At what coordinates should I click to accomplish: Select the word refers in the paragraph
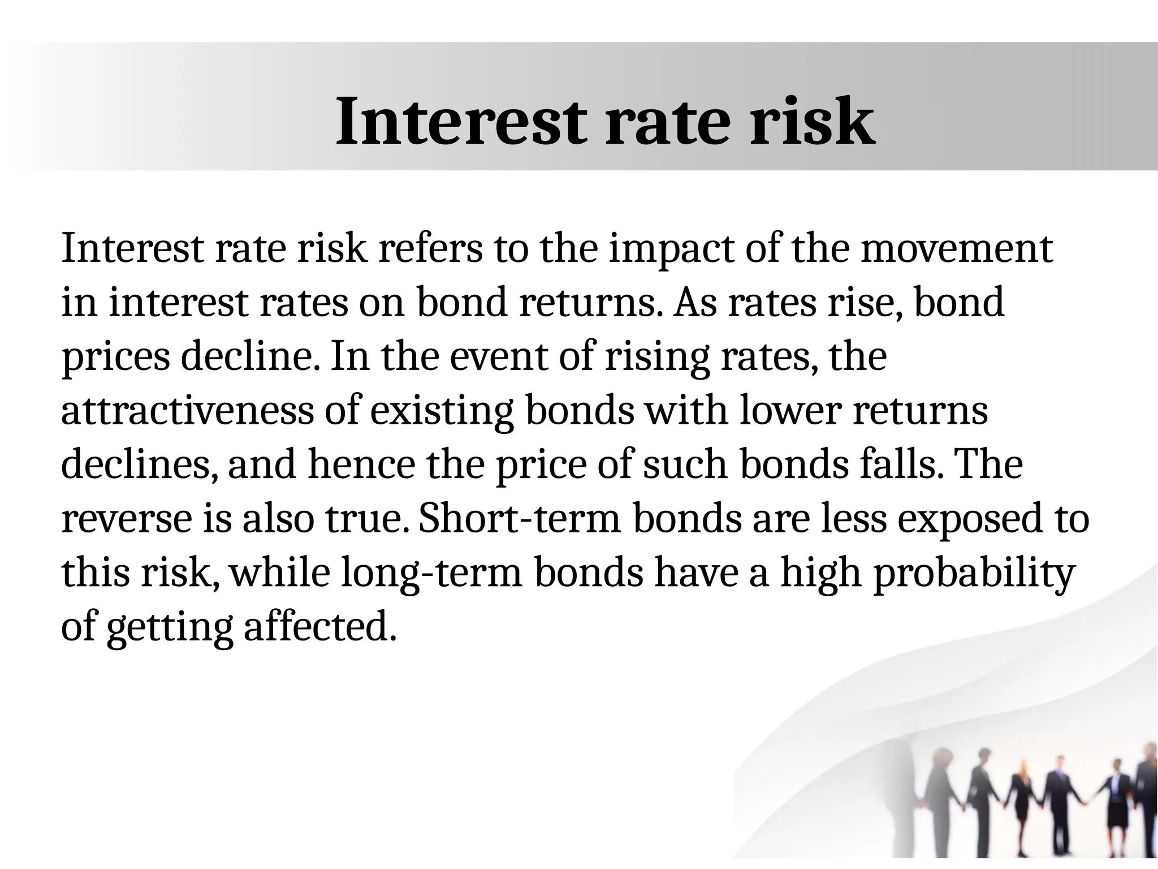click(430, 249)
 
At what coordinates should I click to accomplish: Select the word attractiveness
click(187, 411)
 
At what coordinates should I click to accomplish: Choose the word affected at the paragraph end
click(319, 627)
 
